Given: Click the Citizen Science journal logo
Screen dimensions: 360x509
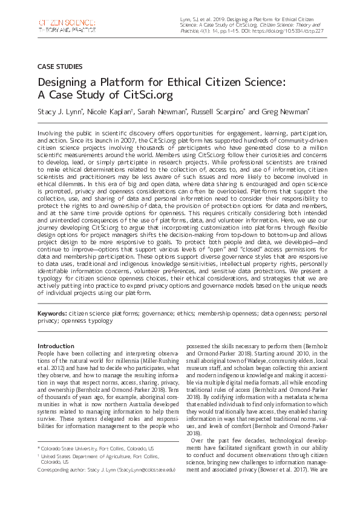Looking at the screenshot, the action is pos(66,26).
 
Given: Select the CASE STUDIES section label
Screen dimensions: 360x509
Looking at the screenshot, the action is pos(60,66).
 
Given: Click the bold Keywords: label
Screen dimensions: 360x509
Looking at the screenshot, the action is pos(51,314).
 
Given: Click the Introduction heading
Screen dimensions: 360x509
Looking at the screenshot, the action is pos(56,346).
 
